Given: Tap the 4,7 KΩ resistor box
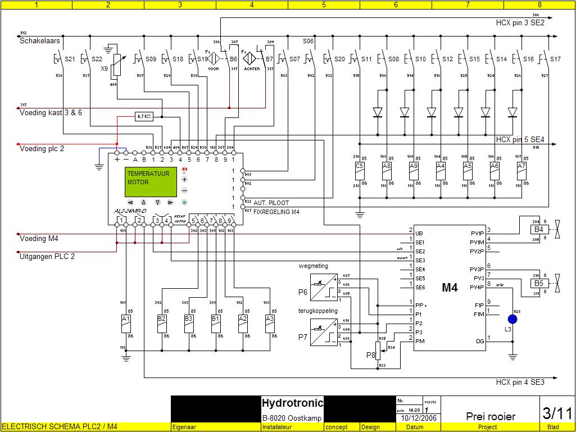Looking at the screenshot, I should pos(144,117).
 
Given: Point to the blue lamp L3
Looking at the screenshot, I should pos(512,319).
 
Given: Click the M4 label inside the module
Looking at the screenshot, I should pos(450,288).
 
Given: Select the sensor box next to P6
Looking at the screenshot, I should pos(323,288).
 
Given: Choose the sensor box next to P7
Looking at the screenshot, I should pos(323,332).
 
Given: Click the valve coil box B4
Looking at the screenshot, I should pos(538,229).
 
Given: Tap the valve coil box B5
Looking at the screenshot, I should pos(538,283).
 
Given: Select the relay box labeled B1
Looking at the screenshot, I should pos(215,321).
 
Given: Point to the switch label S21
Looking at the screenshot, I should pos(70,59).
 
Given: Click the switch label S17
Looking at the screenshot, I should pos(555,59).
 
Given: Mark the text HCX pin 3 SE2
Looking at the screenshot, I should pos(520,23).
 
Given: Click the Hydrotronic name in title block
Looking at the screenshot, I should pos(292,403).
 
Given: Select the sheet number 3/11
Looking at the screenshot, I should pos(557,413).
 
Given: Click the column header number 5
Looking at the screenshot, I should pos(324,5).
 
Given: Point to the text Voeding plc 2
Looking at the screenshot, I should pos(42,149).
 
